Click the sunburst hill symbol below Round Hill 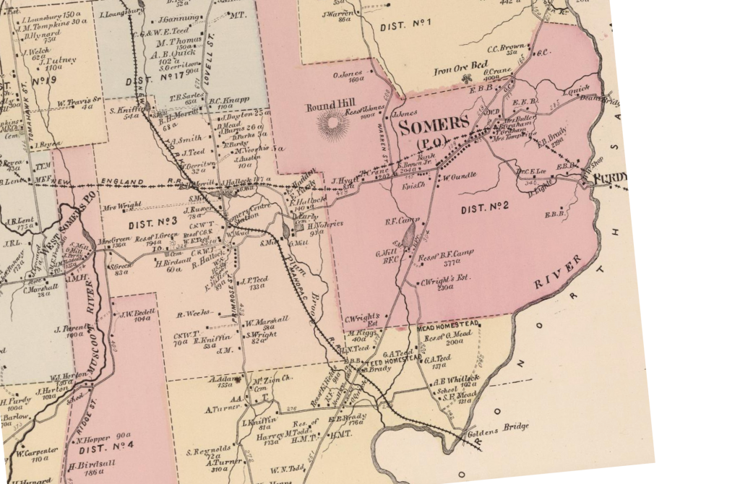[333, 126]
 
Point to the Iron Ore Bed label [461, 71]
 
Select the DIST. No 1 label [405, 27]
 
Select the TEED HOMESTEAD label [395, 358]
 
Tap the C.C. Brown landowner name [505, 47]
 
